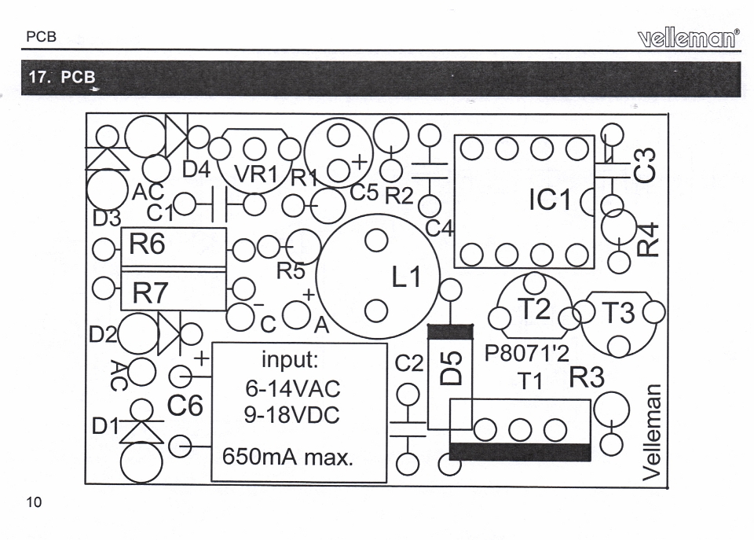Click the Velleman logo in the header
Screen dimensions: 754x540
click(x=689, y=38)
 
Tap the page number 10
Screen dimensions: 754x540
click(x=34, y=502)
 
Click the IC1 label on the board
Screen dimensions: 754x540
click(x=550, y=200)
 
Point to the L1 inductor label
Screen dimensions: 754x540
click(x=406, y=277)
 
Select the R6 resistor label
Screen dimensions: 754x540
click(x=147, y=244)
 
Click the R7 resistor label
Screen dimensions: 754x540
click(x=150, y=292)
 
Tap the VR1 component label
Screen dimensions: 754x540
click(x=256, y=174)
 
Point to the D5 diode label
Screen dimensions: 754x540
click(x=452, y=368)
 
